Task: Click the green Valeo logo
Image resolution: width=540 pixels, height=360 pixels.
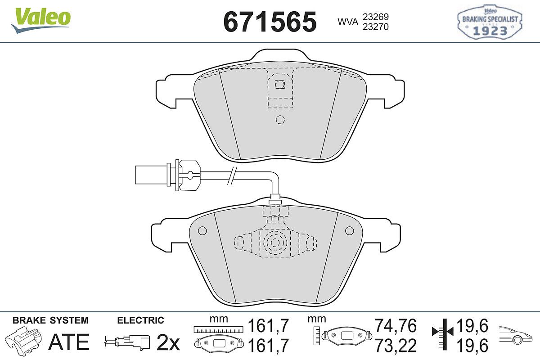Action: pos(41,20)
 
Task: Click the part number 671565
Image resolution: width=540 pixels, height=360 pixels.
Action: pos(270,22)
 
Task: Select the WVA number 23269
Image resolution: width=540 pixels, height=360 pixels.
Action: pos(376,17)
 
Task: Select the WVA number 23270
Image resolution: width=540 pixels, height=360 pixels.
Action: pos(376,27)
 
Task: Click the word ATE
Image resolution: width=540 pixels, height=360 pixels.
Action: pos(69,342)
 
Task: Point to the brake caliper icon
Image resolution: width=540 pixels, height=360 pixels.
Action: pos(23,339)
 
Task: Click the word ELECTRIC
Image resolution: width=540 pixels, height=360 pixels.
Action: pos(140,320)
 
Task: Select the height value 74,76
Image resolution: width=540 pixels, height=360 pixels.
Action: pos(396,326)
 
